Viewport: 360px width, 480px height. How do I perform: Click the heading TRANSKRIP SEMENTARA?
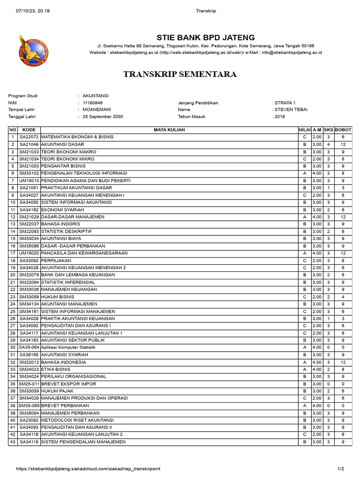point(180,74)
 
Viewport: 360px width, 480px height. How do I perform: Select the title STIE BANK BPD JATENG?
point(205,37)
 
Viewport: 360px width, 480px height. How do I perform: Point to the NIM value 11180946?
point(92,103)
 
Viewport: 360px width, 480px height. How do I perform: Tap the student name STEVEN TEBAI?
point(291,110)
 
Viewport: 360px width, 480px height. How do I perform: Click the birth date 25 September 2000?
point(103,117)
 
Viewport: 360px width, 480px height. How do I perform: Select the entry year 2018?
point(280,117)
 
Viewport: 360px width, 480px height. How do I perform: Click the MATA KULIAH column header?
point(169,129)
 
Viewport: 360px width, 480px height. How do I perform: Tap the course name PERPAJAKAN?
point(56,260)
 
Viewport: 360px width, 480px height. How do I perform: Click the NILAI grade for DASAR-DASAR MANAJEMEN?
point(305,217)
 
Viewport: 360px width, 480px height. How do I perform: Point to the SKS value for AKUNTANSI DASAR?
point(329,144)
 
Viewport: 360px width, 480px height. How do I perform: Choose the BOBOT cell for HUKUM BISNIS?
point(343,297)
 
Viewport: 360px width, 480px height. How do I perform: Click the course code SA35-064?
point(29,347)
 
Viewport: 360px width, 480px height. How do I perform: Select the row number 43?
point(13,442)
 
